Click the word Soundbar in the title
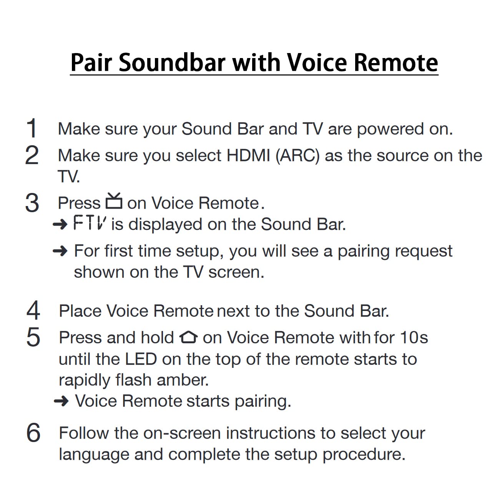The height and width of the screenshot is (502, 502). [x=172, y=63]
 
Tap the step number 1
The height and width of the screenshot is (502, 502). [x=32, y=128]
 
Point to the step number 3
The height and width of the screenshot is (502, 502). [x=32, y=203]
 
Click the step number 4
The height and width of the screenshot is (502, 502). [x=33, y=310]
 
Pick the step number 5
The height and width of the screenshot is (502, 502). [x=33, y=337]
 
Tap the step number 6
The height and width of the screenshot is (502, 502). [x=33, y=433]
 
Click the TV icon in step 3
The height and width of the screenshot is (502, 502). [x=114, y=201]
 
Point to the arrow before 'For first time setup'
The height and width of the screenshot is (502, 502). [x=60, y=251]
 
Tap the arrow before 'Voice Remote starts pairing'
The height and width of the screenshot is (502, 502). [x=61, y=401]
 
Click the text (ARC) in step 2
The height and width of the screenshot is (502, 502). [x=298, y=156]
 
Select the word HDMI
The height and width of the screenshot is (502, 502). [x=248, y=156]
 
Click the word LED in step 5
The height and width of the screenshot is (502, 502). [x=141, y=359]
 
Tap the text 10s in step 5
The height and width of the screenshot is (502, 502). [x=414, y=337]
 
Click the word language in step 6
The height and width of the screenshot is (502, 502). [x=94, y=455]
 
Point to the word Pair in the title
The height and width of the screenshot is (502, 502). [x=91, y=63]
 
